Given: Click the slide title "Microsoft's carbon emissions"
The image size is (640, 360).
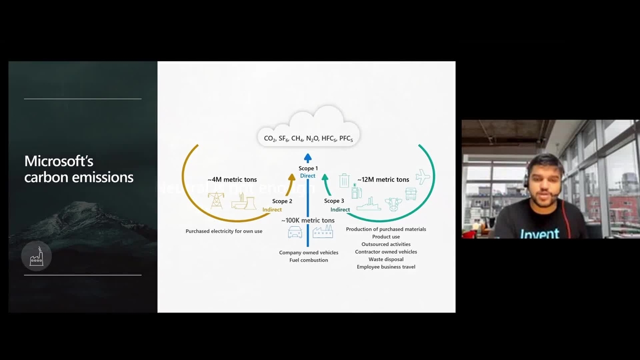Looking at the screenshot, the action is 79,169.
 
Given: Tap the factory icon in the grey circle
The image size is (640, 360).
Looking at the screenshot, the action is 36,258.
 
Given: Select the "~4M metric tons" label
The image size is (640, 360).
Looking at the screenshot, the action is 232,180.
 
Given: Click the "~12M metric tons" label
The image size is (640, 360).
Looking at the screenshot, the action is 383,180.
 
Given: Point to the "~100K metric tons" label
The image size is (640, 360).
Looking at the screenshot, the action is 308,220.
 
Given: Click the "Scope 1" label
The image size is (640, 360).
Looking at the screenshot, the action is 308,169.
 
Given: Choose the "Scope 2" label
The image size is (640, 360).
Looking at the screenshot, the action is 282,201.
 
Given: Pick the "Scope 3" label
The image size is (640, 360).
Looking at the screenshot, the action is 334,201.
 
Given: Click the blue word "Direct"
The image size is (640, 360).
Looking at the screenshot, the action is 308,176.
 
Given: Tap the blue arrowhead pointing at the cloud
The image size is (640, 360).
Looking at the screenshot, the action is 308,157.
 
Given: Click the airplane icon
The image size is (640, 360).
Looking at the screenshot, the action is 423,177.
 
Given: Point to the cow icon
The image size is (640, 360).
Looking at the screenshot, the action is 394,203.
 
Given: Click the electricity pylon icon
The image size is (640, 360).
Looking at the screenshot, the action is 216,200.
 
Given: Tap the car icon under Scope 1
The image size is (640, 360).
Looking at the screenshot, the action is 294,233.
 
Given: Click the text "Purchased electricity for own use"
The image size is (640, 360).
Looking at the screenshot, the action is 224,231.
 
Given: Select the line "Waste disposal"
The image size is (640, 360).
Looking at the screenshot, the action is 386,259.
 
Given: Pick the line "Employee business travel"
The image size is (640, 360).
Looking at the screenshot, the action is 386,267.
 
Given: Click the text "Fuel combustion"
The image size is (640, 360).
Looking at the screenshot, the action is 308,260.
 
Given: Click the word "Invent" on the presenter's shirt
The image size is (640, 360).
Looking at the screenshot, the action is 540,233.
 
